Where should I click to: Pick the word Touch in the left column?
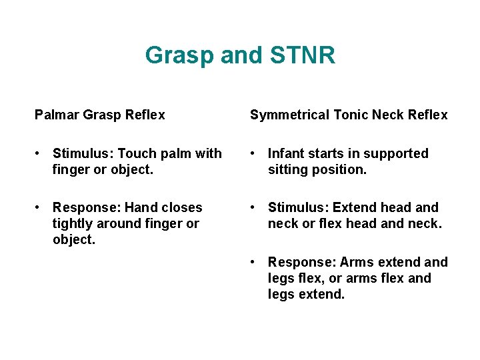pos(133,153)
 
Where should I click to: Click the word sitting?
pos(289,169)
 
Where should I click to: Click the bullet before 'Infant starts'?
pos(254,154)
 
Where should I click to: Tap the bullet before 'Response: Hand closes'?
pos(39,208)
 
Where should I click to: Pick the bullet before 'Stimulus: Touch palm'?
pos(39,154)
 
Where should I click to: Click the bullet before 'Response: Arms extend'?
pos(254,263)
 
